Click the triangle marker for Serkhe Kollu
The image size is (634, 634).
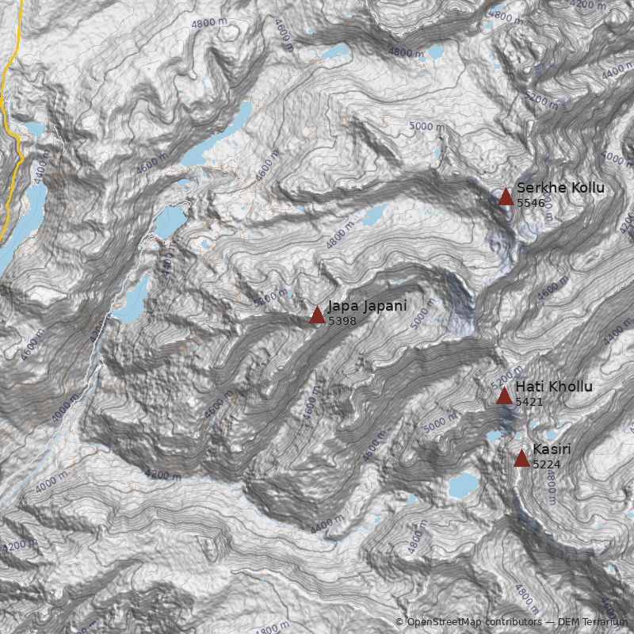(x=506, y=197)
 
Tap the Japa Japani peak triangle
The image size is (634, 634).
(x=317, y=315)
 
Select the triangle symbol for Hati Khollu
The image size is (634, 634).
(x=504, y=395)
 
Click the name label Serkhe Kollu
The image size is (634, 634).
(x=560, y=188)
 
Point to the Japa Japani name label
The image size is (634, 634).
(x=367, y=306)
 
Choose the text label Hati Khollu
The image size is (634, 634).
(x=553, y=387)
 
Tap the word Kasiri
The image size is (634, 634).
(x=552, y=449)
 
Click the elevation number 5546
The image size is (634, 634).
(x=531, y=204)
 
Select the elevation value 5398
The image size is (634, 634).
(x=342, y=321)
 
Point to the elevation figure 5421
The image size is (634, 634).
(x=529, y=402)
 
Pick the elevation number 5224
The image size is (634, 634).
(x=547, y=464)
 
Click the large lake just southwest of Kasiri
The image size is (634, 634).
(x=463, y=484)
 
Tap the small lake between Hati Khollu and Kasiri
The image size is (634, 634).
(x=495, y=437)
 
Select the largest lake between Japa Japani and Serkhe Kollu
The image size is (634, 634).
(x=374, y=214)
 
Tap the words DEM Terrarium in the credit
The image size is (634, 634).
(x=592, y=622)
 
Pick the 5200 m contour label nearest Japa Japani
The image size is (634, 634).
(x=270, y=299)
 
